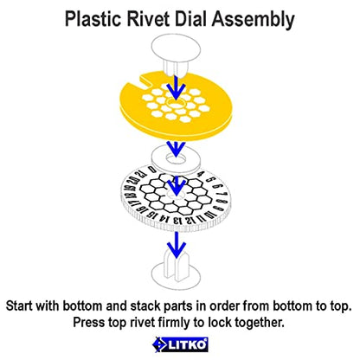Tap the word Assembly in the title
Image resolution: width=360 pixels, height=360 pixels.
(x=253, y=20)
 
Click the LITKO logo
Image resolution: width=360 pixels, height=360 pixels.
(x=180, y=344)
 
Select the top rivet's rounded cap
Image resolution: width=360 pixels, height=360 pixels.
(x=176, y=48)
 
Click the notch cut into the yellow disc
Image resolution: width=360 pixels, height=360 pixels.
(x=146, y=80)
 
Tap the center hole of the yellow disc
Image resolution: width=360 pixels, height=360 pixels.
(x=177, y=102)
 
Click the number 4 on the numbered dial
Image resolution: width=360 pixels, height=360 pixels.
(x=201, y=174)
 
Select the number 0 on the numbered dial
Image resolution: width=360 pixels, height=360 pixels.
(x=151, y=169)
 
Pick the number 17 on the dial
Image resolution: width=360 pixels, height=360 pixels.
(x=128, y=203)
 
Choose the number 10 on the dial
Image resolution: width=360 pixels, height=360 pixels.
(x=209, y=215)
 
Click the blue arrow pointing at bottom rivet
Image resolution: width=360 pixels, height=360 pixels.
(x=177, y=245)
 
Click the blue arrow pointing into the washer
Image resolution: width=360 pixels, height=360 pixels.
(x=177, y=148)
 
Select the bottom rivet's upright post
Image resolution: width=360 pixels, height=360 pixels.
(x=177, y=266)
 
